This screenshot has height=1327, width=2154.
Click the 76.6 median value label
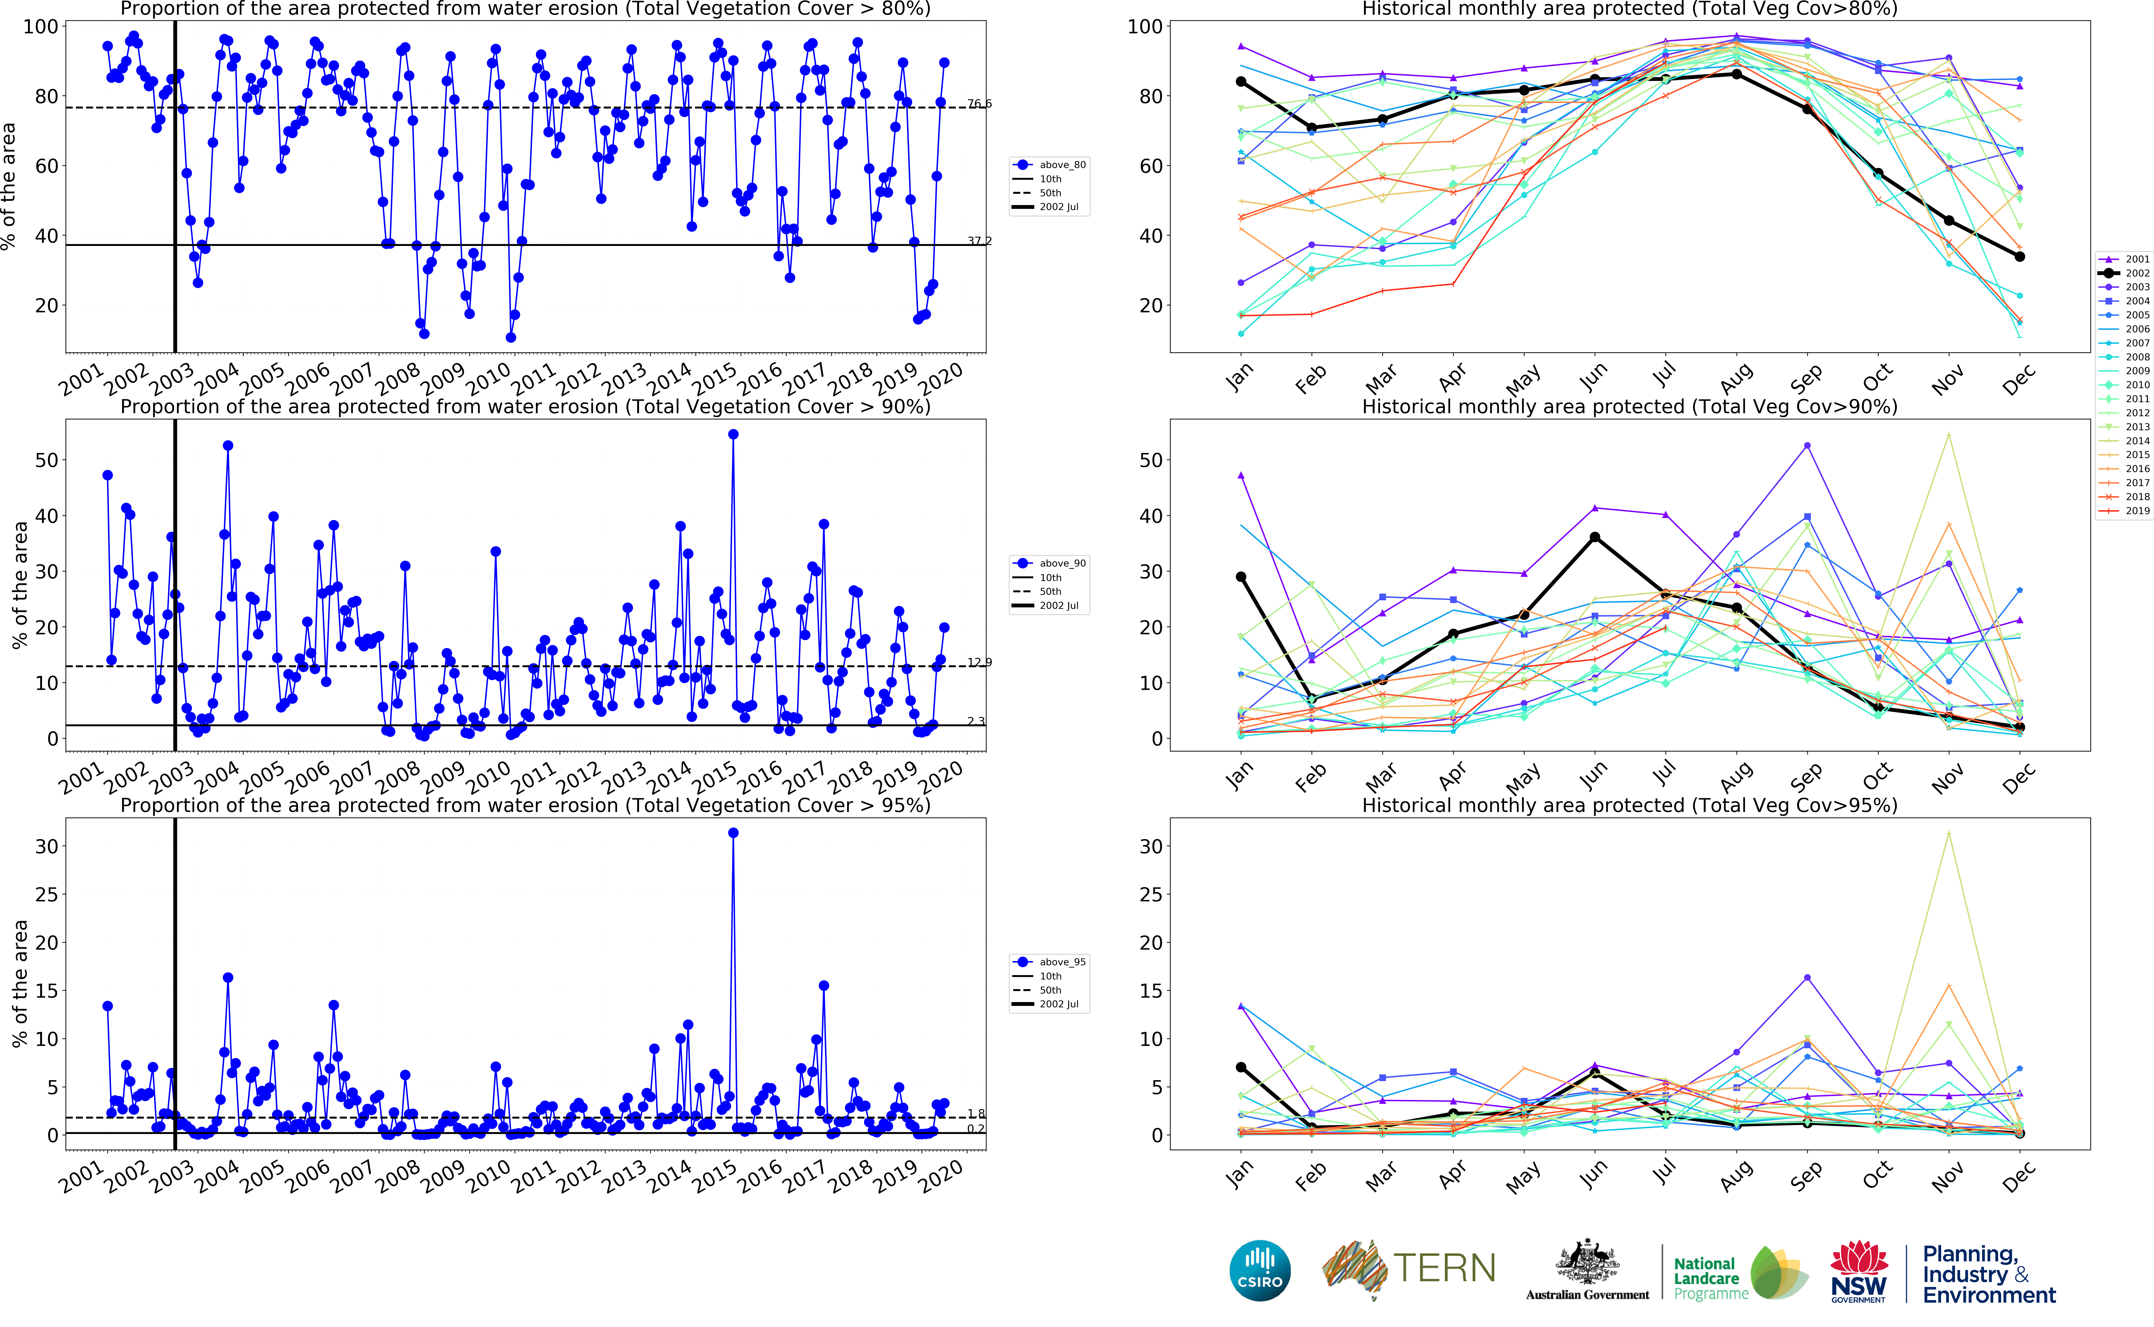click(979, 104)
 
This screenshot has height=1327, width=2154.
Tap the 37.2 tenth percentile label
click(979, 240)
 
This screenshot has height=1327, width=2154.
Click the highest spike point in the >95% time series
click(734, 833)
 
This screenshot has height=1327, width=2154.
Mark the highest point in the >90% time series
click(734, 434)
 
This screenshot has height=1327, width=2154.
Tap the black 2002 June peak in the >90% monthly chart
click(1595, 537)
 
